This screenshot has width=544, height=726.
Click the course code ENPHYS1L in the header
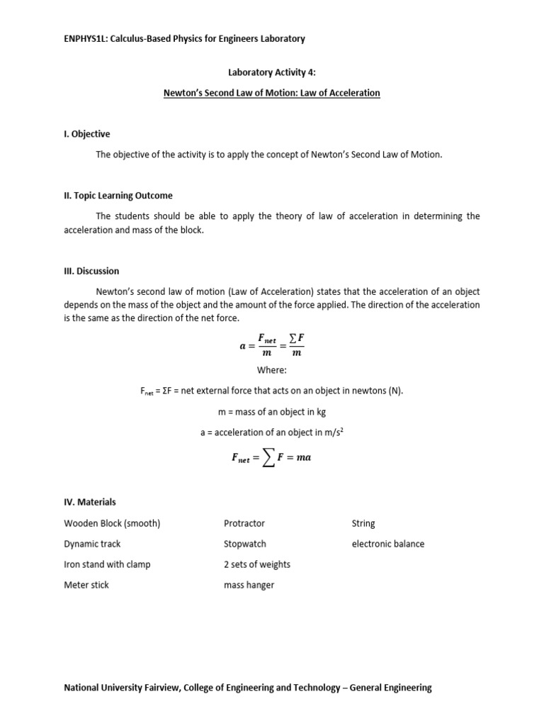[x=86, y=39]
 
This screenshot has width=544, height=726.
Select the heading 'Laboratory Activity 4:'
[x=272, y=72]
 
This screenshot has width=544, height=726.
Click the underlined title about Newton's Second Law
[x=272, y=93]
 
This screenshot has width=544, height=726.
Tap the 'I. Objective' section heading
[x=87, y=134]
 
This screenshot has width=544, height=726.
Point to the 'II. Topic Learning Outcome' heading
[x=118, y=196]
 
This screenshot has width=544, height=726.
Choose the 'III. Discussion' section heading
[x=91, y=271]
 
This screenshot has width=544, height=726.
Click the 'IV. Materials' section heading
[x=90, y=502]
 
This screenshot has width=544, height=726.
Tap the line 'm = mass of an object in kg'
[x=271, y=411]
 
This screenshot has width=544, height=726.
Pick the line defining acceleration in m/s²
[x=271, y=432]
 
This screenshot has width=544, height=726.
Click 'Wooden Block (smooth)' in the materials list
[x=112, y=523]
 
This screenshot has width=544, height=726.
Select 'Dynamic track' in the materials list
[x=92, y=544]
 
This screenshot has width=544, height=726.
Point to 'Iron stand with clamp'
[x=107, y=564]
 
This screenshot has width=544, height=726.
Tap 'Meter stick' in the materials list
[x=86, y=585]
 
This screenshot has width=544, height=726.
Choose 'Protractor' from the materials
[x=244, y=523]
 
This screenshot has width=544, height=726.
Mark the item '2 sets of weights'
[x=257, y=564]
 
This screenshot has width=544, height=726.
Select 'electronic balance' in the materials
[x=388, y=544]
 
